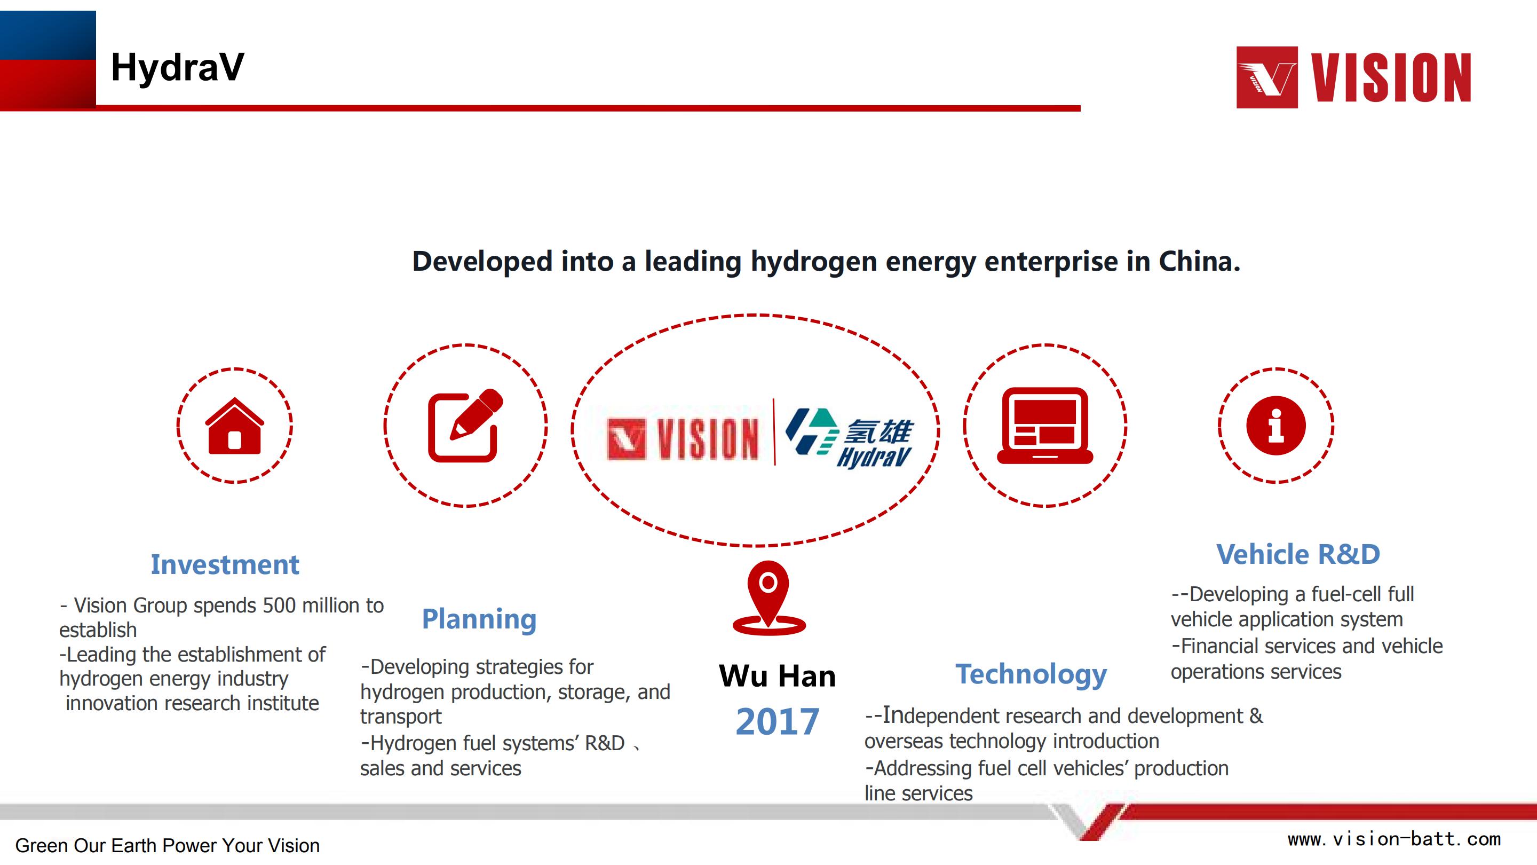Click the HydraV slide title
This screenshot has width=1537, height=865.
click(x=177, y=67)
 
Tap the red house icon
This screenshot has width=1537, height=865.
click(x=234, y=426)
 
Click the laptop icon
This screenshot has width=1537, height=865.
click(x=1045, y=426)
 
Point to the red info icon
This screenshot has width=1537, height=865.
click(x=1275, y=426)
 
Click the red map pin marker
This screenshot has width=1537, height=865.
click(x=769, y=597)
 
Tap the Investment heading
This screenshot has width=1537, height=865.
click(x=224, y=565)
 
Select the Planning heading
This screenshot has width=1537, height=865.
click(x=479, y=619)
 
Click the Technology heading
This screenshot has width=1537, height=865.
click(x=1031, y=675)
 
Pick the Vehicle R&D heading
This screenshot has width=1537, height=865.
click(x=1298, y=555)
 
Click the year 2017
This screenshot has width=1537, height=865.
click(x=778, y=722)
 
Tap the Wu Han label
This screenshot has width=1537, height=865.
click(x=777, y=677)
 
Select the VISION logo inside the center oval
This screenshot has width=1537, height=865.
click(x=683, y=439)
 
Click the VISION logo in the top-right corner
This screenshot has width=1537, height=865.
click(x=1353, y=77)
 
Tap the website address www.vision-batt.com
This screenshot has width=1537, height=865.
click(x=1394, y=839)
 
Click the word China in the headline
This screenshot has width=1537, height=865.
click(x=1199, y=262)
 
